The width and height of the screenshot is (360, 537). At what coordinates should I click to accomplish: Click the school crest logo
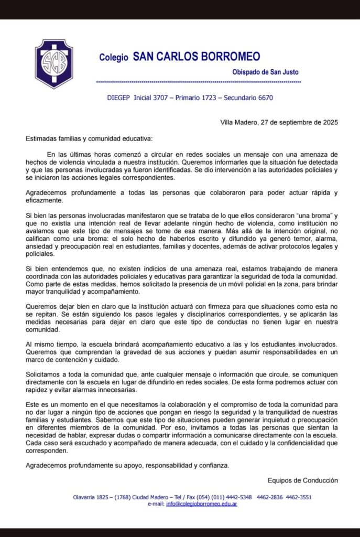(53, 63)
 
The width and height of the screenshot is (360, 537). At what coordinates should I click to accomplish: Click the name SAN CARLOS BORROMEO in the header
(196, 57)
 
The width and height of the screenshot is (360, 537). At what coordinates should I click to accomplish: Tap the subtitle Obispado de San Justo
(266, 72)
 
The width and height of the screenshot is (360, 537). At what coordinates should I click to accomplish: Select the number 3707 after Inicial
(162, 98)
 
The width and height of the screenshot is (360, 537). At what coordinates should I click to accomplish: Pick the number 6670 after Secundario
(262, 98)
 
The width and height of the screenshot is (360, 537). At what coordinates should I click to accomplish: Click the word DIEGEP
(119, 98)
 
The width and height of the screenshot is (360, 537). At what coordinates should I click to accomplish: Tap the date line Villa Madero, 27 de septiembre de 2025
(279, 123)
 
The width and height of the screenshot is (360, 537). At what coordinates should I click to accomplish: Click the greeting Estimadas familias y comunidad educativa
(90, 139)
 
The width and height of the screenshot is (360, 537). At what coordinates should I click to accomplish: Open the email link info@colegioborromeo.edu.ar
(201, 504)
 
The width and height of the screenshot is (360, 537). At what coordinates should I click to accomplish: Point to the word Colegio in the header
(114, 58)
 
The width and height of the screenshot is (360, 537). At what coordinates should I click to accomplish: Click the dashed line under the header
(199, 82)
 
